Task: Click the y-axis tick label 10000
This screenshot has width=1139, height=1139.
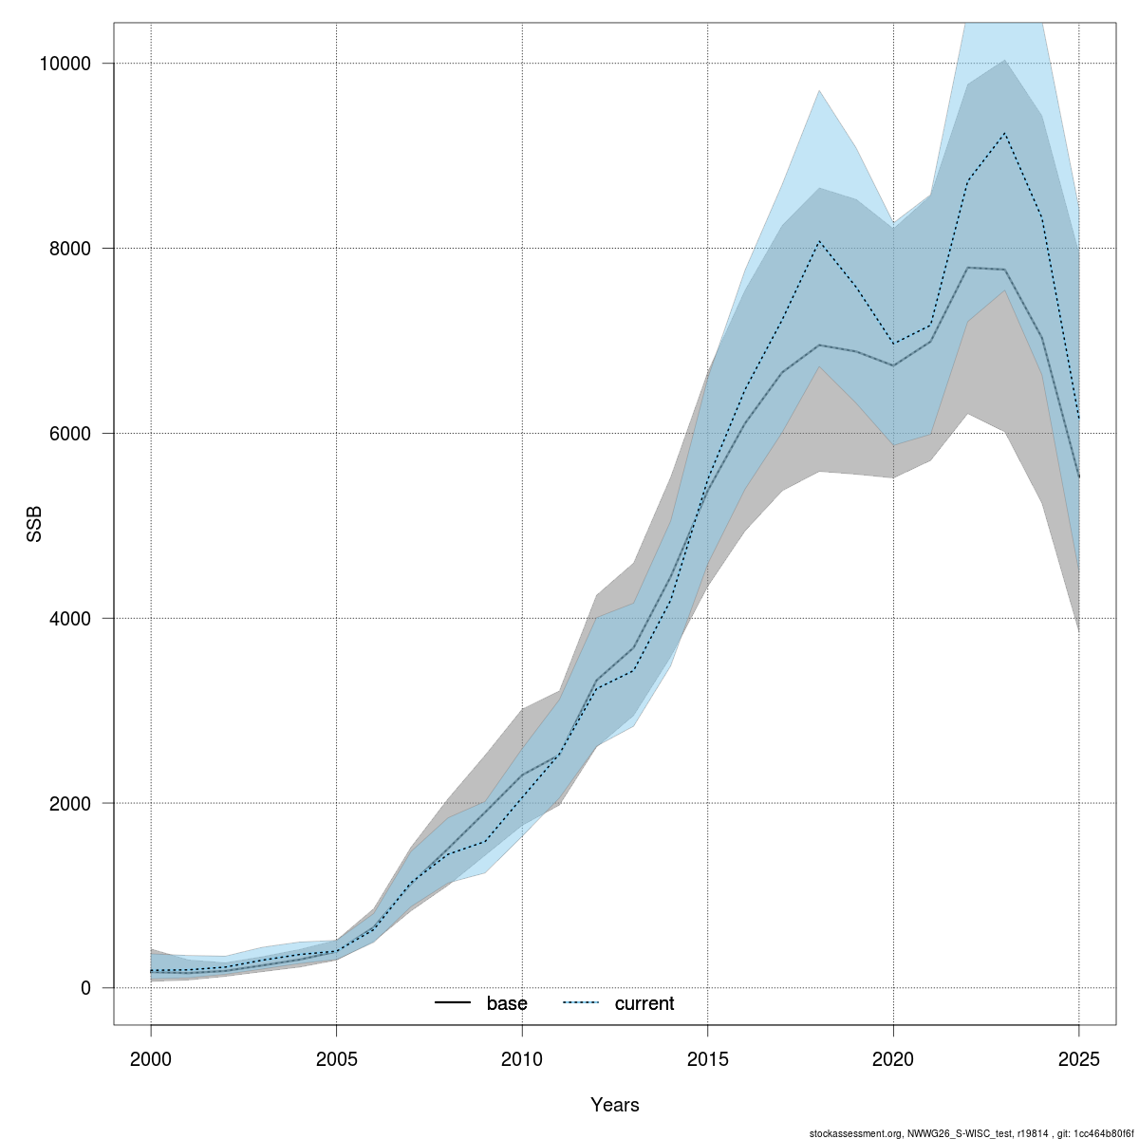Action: (x=64, y=65)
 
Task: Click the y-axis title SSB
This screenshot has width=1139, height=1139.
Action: (x=35, y=525)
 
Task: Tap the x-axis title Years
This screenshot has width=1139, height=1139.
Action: (x=615, y=1105)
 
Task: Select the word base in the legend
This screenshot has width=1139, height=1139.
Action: (x=507, y=1003)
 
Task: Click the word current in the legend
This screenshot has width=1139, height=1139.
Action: (x=644, y=1003)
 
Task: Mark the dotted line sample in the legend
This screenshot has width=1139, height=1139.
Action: (x=581, y=1003)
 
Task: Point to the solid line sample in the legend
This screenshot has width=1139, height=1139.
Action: (x=453, y=1003)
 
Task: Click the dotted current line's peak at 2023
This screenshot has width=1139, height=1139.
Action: (x=1004, y=133)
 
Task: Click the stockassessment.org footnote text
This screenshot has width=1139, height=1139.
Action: (x=971, y=1133)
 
